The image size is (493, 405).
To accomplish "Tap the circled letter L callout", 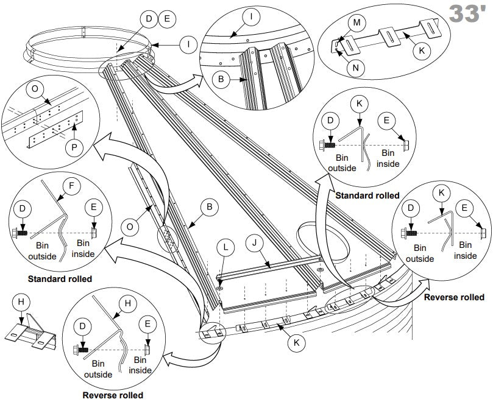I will click(226, 248).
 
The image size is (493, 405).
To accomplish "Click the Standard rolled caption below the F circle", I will click(60, 279).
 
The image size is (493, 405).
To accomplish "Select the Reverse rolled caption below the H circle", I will click(113, 395).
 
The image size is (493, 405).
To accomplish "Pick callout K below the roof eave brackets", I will click(297, 343).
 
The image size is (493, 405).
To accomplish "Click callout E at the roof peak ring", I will click(166, 19).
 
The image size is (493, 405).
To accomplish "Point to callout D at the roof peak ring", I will click(149, 19).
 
